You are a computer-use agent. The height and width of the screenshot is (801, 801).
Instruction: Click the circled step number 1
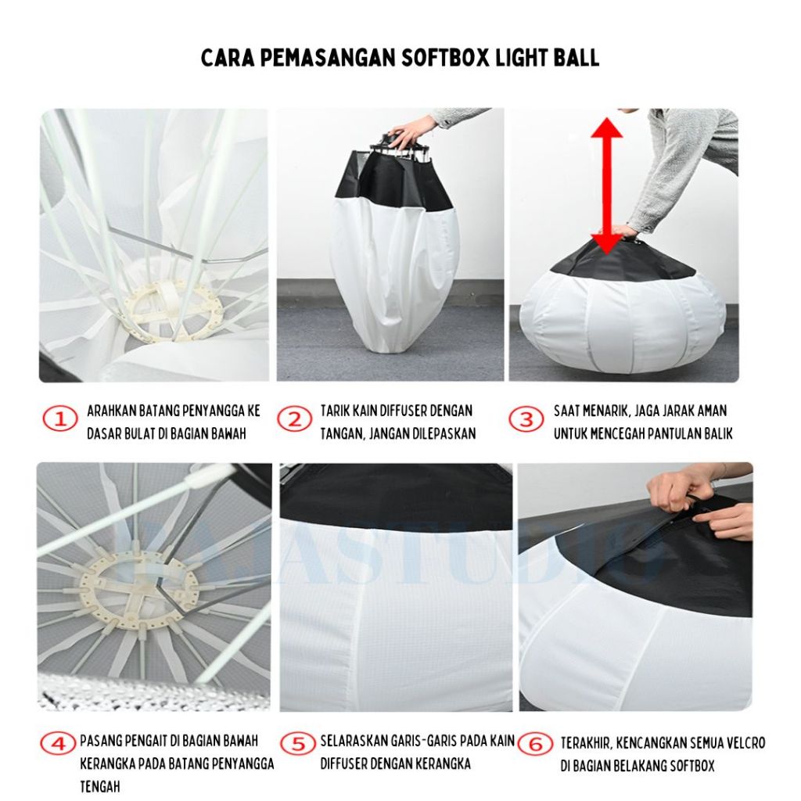tap(60, 419)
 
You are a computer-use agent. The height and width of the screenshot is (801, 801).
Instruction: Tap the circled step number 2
tap(295, 419)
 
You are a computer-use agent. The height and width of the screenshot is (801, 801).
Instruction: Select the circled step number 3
tap(526, 419)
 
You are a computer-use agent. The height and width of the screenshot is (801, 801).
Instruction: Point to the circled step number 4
tap(59, 743)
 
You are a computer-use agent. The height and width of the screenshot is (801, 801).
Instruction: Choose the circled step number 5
tap(298, 743)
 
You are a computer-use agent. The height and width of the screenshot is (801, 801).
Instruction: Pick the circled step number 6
tap(535, 744)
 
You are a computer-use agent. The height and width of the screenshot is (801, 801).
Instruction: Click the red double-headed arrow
tap(606, 186)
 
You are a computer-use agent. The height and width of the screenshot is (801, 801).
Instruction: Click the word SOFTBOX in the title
tap(444, 58)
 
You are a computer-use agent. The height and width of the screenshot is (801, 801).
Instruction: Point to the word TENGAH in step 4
tap(100, 786)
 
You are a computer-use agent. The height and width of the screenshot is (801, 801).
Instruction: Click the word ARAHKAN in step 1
tap(106, 411)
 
